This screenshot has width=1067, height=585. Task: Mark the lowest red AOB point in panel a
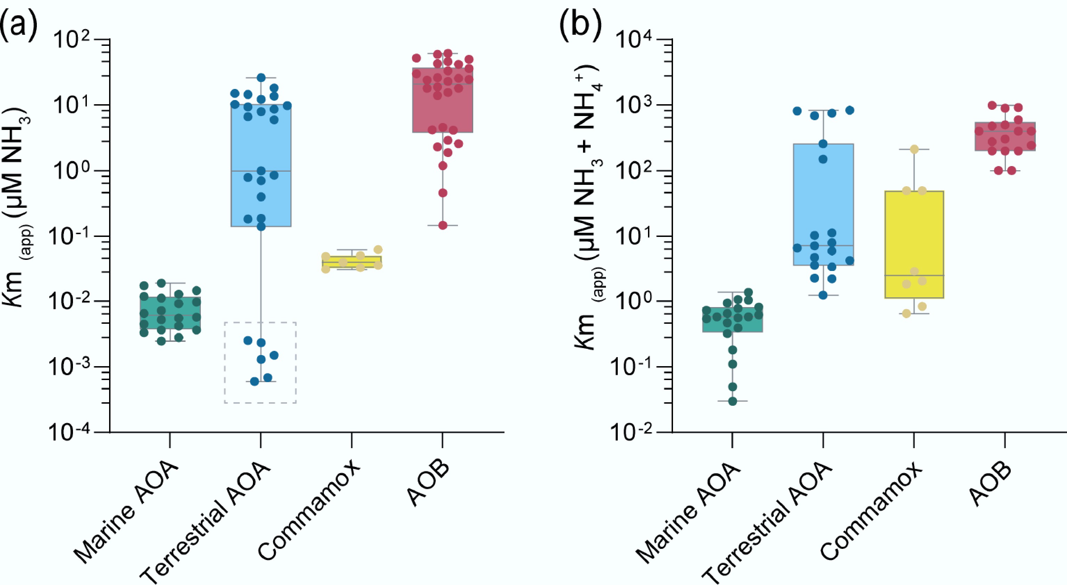click(x=443, y=225)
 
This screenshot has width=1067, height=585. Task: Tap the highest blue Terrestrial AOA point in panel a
click(x=261, y=77)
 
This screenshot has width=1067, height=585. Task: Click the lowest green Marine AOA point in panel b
click(x=732, y=401)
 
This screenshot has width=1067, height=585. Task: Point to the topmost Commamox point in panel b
click(x=914, y=149)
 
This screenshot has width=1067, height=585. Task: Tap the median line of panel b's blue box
click(x=823, y=246)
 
